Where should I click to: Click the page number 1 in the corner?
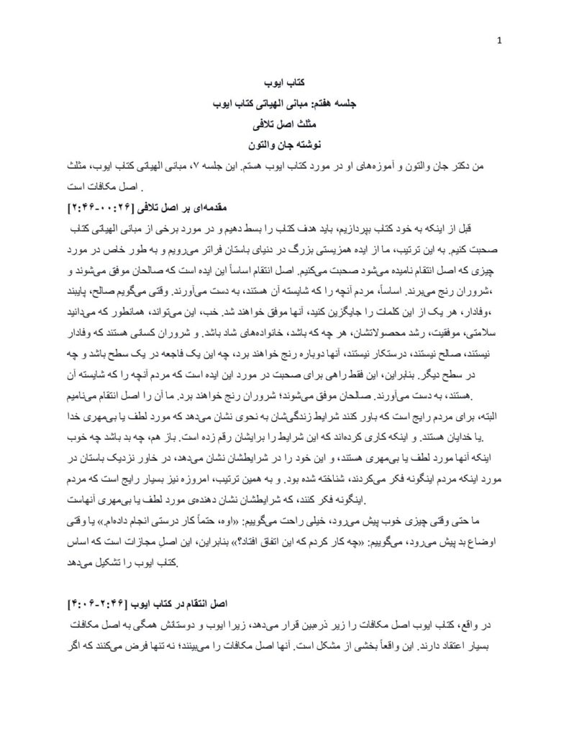tap(499, 40)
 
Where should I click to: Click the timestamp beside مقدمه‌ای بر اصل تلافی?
tap(104, 207)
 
